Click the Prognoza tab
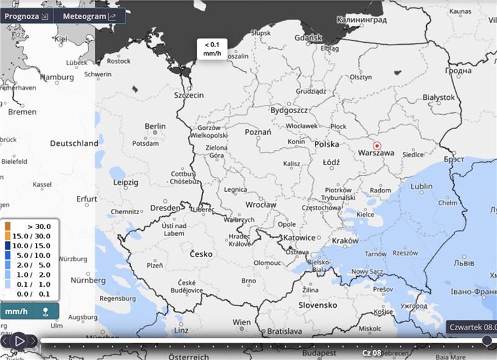[26, 16]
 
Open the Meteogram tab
[89, 16]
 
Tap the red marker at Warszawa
[376, 146]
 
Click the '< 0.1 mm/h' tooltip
[212, 48]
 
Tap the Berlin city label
[155, 126]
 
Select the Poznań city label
[258, 132]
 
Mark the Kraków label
[345, 241]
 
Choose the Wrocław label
[260, 205]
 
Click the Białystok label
[439, 97]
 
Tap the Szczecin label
[188, 96]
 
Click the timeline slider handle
[487, 340]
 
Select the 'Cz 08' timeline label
[372, 353]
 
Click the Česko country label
[201, 254]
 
